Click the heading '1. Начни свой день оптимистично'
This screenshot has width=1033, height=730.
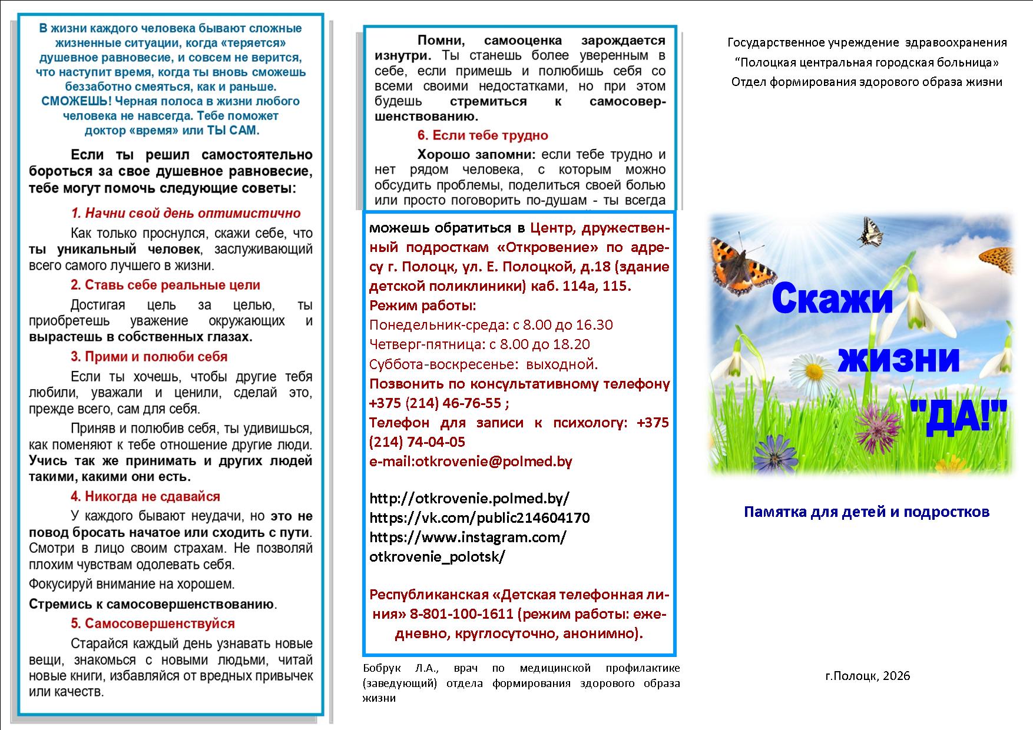(186, 213)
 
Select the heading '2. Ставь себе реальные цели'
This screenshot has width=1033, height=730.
(165, 285)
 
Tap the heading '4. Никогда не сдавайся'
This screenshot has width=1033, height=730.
(145, 496)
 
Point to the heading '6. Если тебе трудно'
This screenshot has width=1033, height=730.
(482, 135)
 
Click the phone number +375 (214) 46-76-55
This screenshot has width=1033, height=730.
(435, 403)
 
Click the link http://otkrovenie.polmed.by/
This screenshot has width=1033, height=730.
(469, 499)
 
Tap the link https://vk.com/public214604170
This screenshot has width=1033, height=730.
(479, 518)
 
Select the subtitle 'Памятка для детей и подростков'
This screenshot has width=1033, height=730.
(866, 512)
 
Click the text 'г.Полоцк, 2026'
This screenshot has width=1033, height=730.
(868, 676)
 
